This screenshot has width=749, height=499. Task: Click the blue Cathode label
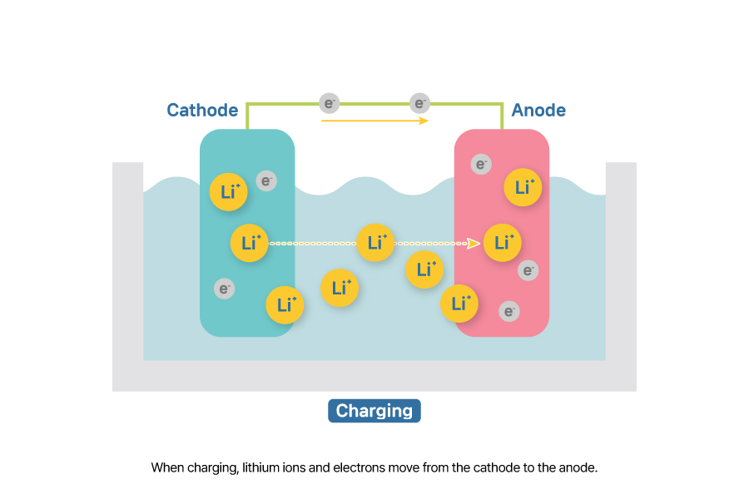pos(202,110)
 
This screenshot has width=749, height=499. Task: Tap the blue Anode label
pos(538,110)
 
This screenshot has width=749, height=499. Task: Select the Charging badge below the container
pos(374,411)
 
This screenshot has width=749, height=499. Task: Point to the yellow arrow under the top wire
pos(374,121)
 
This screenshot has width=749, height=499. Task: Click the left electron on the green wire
pos(330,103)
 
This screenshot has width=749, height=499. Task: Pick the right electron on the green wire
pos(420,103)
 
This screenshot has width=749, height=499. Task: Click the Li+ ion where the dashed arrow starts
pos(250,243)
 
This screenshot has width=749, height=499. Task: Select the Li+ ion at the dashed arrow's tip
pos(503,243)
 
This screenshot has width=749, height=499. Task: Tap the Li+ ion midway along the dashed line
pos(375,243)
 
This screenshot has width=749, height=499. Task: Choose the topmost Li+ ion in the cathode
pos(229,191)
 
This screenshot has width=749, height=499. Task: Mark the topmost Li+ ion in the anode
pos(523,188)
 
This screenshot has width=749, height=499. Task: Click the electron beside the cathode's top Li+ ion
pos(266,180)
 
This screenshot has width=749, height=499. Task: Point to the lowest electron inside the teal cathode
pos(224,289)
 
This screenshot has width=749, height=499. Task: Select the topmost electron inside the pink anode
pos(481,164)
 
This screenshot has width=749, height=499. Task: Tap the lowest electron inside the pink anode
pos(509,311)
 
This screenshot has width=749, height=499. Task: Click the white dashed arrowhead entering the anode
pos(474,243)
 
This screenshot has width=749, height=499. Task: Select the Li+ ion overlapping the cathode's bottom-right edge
pos(285,304)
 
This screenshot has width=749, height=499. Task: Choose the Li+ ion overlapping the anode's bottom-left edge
pos(459,304)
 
